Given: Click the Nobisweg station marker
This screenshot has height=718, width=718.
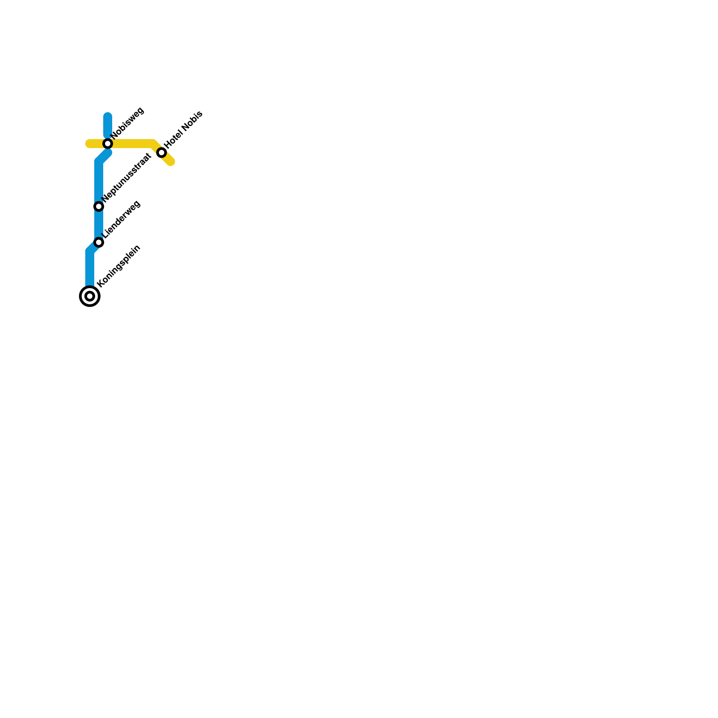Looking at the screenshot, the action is tap(108, 144).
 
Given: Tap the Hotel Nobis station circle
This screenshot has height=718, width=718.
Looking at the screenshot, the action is tap(162, 153).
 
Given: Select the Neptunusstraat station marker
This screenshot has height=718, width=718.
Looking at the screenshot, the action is tap(99, 206).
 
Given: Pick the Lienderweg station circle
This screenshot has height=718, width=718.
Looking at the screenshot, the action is tap(99, 242).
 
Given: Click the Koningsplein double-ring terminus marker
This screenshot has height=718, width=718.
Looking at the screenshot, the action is tap(90, 296).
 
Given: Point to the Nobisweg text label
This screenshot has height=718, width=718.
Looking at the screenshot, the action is tap(127, 123).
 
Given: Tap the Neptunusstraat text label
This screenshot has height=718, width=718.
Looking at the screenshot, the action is tap(127, 178).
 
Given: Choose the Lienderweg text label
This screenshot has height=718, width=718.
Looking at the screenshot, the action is tap(121, 219).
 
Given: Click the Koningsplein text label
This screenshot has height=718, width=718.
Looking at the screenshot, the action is tap(119, 266).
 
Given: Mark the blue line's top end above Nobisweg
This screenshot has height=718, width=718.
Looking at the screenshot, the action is tap(108, 116).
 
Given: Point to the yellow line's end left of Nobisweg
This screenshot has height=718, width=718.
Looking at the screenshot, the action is tap(89, 144).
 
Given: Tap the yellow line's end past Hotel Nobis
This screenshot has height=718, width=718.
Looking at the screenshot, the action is tap(171, 162).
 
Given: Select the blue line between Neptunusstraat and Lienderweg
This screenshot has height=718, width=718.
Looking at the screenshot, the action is tap(99, 224).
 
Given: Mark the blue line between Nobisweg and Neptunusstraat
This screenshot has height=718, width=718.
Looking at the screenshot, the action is tap(99, 179).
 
